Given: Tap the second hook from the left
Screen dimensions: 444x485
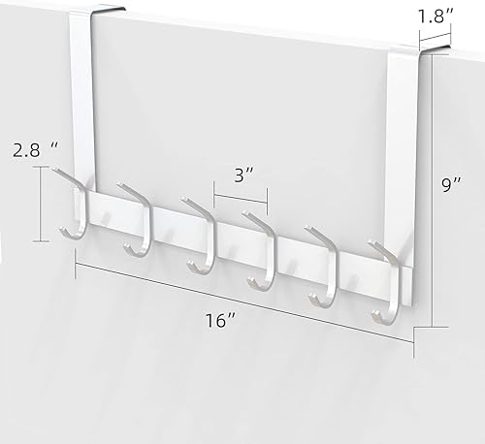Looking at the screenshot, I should click(136, 223).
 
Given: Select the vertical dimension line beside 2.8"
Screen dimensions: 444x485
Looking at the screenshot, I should click(40, 204).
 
